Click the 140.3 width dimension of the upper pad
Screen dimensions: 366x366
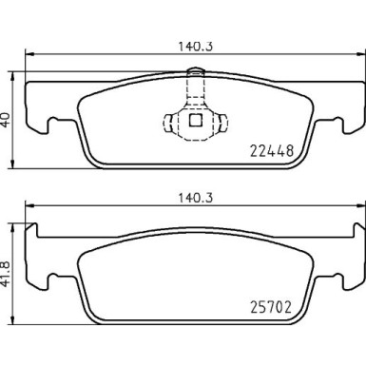tap(194, 42)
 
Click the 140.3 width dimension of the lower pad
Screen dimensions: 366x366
tap(194, 196)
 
